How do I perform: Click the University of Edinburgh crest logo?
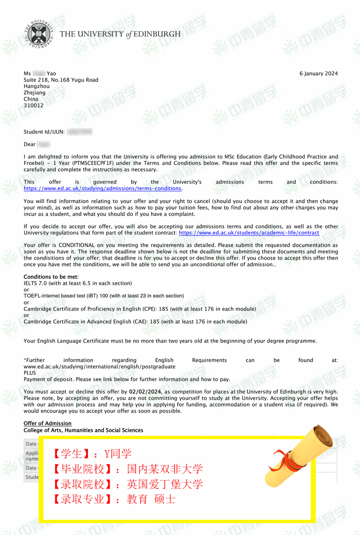coord(39,34)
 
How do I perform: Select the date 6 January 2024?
coord(319,74)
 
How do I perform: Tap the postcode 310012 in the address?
coord(34,106)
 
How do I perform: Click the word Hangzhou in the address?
coord(37,86)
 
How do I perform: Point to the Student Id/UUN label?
coord(44,132)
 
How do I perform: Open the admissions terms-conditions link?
coord(103,189)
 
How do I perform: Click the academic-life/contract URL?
coord(249,233)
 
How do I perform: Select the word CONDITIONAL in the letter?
coord(74,245)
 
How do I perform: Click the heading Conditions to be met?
coord(51,277)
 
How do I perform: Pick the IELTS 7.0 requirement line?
coord(78,283)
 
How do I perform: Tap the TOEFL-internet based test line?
coord(104,296)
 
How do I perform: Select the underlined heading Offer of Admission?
coord(47,423)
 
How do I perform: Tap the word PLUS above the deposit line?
coord(30,373)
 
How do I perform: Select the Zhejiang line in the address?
coord(35,93)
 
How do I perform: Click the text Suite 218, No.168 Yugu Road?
coord(61,80)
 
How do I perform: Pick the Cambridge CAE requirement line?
coord(135,322)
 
